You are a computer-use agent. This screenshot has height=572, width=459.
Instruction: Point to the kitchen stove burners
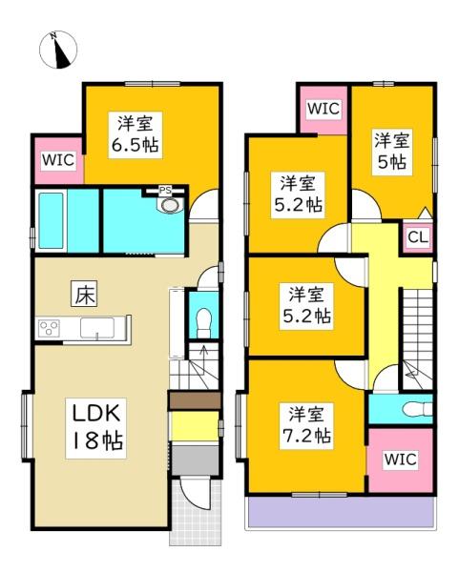49,329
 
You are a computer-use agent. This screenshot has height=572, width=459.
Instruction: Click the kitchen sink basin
99,329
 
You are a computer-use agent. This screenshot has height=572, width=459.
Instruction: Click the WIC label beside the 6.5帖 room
56,160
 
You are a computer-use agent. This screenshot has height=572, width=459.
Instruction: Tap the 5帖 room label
392,151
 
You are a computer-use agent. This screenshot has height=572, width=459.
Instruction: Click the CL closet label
417,236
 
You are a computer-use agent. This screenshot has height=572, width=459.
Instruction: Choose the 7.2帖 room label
306,425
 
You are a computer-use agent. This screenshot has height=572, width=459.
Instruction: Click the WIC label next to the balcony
400,460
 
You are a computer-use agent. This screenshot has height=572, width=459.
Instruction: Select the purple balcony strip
341,513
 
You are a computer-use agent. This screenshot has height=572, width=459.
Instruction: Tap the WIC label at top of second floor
323,109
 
